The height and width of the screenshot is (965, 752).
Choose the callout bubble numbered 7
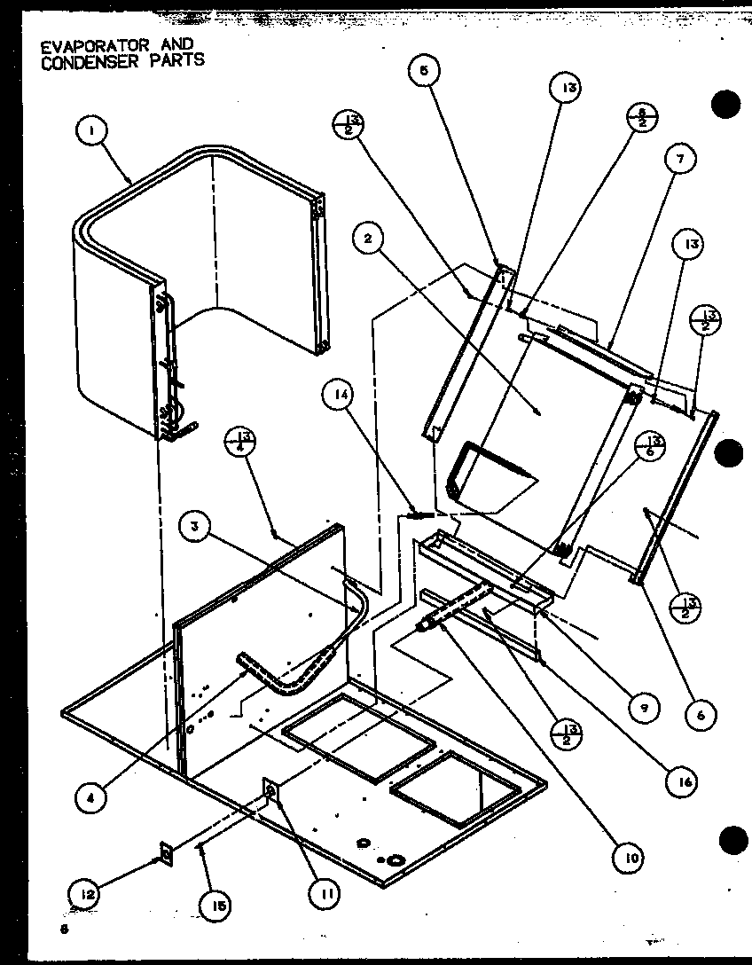pyautogui.click(x=680, y=161)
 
